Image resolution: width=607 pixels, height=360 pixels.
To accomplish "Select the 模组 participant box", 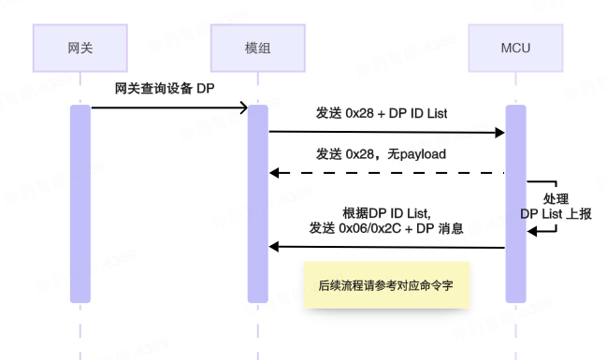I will (257, 48).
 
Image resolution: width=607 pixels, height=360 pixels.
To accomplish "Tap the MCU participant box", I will (515, 48).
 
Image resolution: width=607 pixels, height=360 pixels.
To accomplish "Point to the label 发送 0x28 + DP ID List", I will (383, 113).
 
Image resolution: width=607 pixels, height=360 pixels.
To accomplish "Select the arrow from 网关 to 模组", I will (169, 108).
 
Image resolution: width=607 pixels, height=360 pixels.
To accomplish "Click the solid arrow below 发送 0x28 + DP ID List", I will (387, 133).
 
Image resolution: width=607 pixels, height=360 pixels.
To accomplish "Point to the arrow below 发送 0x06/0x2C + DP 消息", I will (387, 247).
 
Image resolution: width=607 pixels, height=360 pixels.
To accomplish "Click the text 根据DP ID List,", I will (386, 212).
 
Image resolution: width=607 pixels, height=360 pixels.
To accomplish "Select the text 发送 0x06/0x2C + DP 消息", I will (386, 228).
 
